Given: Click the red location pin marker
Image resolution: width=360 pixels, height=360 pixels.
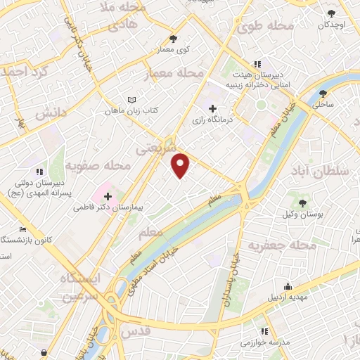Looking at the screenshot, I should pyautogui.click(x=181, y=165).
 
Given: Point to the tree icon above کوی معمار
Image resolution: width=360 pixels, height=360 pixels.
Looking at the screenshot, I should pyautogui.click(x=173, y=39).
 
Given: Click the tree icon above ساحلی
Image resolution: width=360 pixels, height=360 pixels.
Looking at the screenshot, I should pyautogui.click(x=323, y=93).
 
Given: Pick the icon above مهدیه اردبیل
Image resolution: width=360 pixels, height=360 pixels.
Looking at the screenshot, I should pyautogui.click(x=288, y=285).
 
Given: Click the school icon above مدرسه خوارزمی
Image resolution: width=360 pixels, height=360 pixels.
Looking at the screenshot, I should pyautogui.click(x=264, y=331).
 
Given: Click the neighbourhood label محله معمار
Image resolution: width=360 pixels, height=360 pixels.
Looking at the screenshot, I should pyautogui.click(x=176, y=73).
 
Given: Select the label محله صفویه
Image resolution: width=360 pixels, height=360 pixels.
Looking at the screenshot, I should pyautogui.click(x=98, y=166).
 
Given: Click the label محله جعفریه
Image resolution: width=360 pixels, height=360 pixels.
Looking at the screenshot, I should pyautogui.click(x=276, y=245).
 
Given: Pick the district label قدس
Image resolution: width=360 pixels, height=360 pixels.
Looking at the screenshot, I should pyautogui.click(x=136, y=330).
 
